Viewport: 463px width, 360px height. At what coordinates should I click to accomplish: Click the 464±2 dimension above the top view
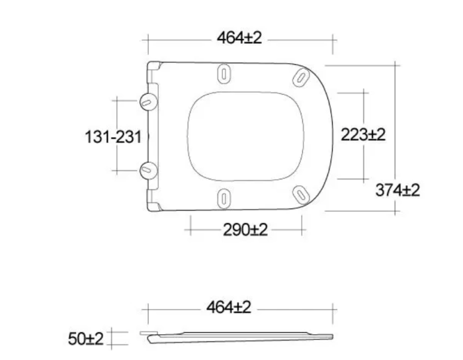click(x=239, y=38)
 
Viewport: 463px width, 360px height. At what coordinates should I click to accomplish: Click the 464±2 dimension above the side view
click(x=229, y=307)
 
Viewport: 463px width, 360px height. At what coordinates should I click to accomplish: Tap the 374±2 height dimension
click(x=398, y=190)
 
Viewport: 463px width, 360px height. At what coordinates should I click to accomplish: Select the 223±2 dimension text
click(x=363, y=134)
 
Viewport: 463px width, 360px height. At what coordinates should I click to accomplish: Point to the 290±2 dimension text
click(x=245, y=230)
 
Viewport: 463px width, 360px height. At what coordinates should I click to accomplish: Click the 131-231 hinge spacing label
click(x=113, y=137)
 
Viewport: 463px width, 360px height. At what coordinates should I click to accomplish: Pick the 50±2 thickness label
click(x=86, y=339)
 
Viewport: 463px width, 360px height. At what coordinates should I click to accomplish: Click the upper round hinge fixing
click(x=148, y=102)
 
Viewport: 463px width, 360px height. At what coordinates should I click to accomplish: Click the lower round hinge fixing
click(x=149, y=170)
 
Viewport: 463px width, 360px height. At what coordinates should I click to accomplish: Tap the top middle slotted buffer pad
click(x=224, y=74)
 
